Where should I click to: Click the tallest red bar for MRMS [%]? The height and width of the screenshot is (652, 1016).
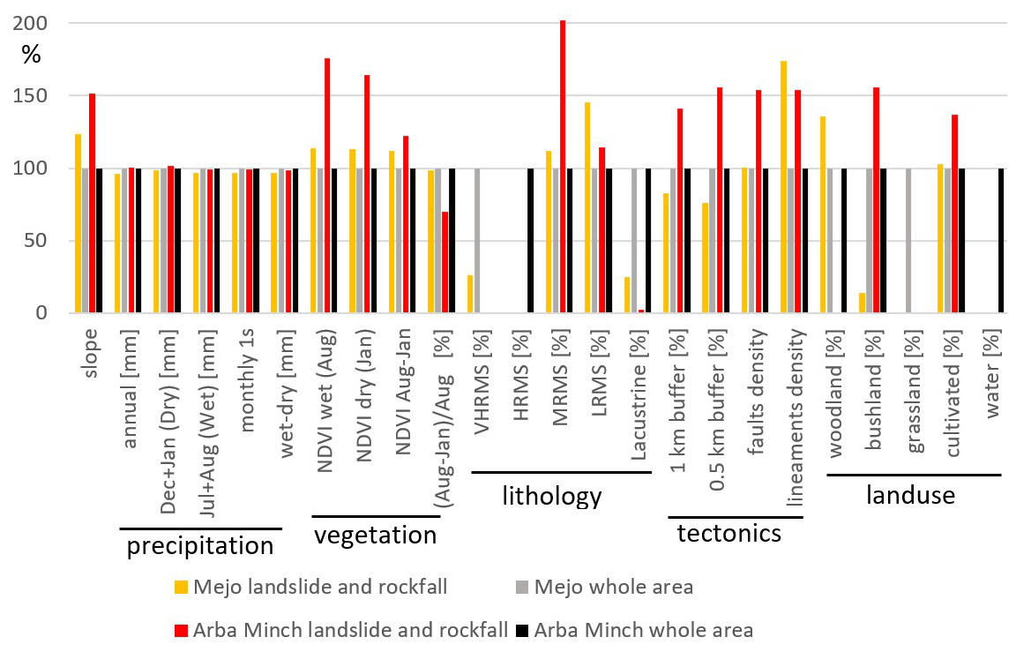click(563, 167)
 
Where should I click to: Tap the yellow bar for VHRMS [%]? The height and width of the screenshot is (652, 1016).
click(470, 295)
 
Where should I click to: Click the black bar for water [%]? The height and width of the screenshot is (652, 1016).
click(1002, 240)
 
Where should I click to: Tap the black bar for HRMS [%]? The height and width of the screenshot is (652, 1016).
click(531, 240)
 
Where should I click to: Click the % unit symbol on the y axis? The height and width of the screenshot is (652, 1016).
click(31, 55)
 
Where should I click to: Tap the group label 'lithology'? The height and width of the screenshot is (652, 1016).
click(552, 496)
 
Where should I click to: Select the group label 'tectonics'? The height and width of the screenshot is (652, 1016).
click(729, 533)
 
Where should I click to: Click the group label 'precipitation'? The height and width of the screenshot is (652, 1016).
click(200, 546)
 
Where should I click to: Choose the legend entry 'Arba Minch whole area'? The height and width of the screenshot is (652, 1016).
click(643, 630)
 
